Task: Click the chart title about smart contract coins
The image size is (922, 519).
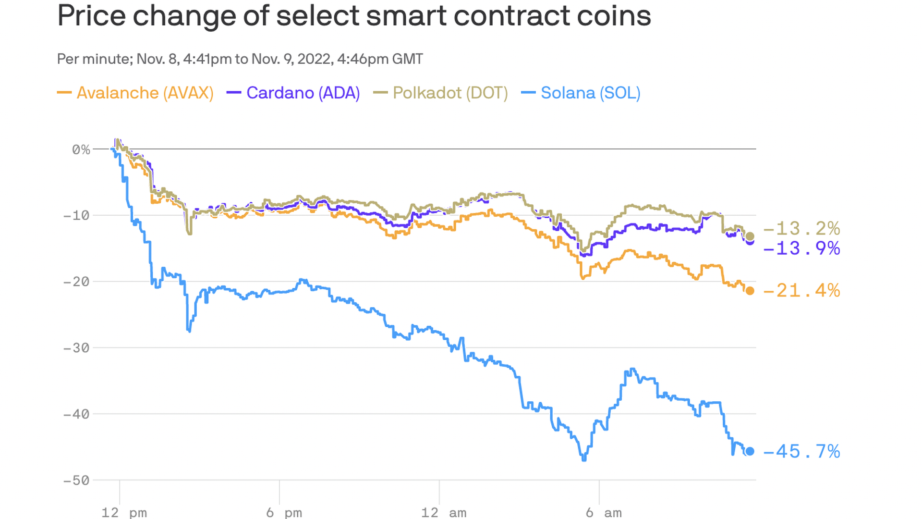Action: tap(354, 15)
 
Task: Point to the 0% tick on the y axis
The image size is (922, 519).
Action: tap(81, 150)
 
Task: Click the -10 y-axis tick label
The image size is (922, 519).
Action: tap(77, 215)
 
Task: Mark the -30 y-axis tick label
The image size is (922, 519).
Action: tap(77, 348)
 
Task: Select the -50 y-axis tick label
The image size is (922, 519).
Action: tap(77, 481)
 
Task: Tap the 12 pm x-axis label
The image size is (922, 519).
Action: tap(124, 513)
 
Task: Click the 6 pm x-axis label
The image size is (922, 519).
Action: tap(284, 513)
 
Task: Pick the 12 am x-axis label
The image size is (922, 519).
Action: tap(444, 513)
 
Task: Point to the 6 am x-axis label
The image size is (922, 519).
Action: tap(604, 513)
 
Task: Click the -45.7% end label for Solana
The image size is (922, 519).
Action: tap(801, 452)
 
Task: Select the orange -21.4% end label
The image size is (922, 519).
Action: tap(801, 291)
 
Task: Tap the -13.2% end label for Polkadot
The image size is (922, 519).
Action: tap(801, 228)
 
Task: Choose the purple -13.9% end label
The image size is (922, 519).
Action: tap(801, 248)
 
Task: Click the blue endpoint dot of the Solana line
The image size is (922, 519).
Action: tap(750, 451)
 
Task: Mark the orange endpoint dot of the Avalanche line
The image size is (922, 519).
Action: tap(750, 291)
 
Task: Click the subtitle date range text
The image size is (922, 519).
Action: tap(240, 59)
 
